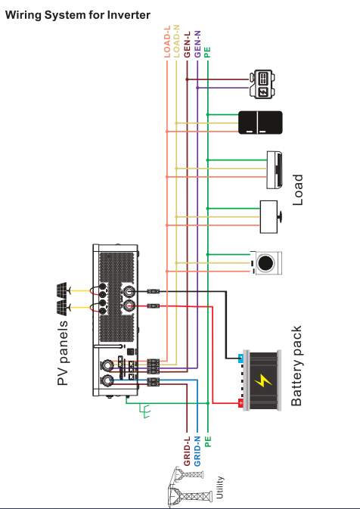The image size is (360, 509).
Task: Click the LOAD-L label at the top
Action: [x=167, y=42]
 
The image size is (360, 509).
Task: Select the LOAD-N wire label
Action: [x=176, y=42]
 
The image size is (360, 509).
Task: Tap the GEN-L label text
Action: [x=188, y=45]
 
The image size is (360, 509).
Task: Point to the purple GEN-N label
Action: [x=197, y=44]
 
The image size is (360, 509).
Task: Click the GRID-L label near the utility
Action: [x=188, y=452]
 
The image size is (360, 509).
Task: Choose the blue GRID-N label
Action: [x=197, y=452]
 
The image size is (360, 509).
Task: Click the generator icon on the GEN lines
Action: [x=262, y=84]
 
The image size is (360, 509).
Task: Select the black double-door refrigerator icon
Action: [x=260, y=123]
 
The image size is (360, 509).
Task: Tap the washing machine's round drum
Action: [x=265, y=263]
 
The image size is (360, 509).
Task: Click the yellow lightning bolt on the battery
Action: [x=263, y=380]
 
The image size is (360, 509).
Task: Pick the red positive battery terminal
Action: [x=241, y=403]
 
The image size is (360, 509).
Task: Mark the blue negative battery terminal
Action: [x=241, y=358]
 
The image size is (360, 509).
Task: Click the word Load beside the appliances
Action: [x=298, y=190]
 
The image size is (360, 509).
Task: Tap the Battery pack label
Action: [x=296, y=366]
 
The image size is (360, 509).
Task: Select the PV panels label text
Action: [x=63, y=353]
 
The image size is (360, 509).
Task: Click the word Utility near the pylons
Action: [x=220, y=488]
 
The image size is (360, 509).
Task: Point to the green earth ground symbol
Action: [x=145, y=411]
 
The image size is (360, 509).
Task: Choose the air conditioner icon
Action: [x=275, y=169]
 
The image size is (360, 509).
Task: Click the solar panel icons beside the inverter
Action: [x=62, y=299]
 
